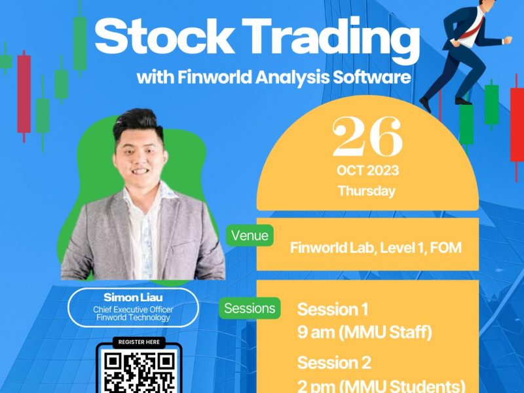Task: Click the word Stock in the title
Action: pos(164,36)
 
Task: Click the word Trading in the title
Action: pos(331,40)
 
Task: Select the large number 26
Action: pos(367,136)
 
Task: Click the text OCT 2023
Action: pos(367,171)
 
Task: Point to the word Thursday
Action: pos(367,191)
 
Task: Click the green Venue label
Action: pos(250,236)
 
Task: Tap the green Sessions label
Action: pos(250,308)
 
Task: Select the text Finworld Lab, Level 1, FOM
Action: pos(375,248)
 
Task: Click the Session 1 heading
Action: pos(333,309)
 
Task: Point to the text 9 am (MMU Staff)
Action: pos(364,333)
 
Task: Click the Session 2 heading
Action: pos(334,363)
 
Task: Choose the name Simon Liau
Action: pos(133,297)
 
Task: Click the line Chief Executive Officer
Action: pos(133,309)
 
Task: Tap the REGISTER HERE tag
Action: pos(139,342)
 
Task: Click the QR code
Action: pos(139,371)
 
